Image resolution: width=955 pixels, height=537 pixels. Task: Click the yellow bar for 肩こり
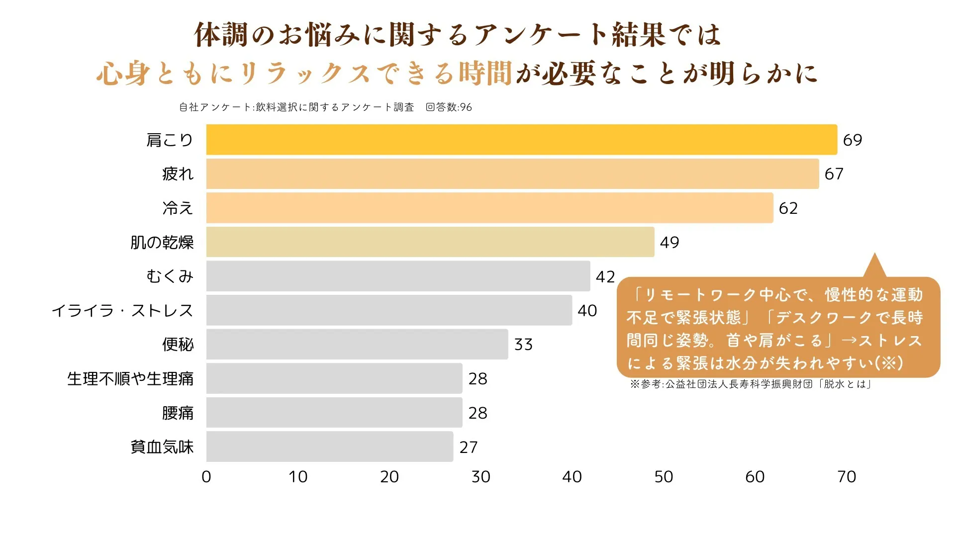[521, 140]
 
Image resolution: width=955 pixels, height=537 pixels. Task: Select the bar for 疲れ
[512, 174]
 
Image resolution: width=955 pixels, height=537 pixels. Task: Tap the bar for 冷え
[489, 208]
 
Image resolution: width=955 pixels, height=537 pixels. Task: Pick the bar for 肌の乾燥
[430, 242]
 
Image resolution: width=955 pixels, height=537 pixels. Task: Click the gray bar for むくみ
[398, 276]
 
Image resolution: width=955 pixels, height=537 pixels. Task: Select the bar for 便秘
[357, 344]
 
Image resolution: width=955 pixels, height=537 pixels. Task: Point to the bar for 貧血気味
[330, 447]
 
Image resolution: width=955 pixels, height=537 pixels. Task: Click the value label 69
[852, 140]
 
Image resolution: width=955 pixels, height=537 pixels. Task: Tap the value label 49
[669, 243]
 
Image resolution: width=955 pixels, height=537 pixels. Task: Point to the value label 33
[523, 345]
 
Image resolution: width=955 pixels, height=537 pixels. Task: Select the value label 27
[468, 447]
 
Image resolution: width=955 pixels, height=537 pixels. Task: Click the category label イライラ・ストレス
[122, 311]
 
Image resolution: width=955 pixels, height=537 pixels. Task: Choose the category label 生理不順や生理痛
[130, 379]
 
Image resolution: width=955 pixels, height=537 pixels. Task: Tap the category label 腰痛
[178, 413]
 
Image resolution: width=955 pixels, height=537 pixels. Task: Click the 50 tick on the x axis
[664, 477]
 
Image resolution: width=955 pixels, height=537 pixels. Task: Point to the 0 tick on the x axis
[206, 477]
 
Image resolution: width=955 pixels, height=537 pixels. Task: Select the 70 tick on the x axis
[847, 477]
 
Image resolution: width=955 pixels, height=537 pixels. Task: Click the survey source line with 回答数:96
[325, 107]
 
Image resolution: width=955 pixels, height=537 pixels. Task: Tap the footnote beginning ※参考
[751, 384]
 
